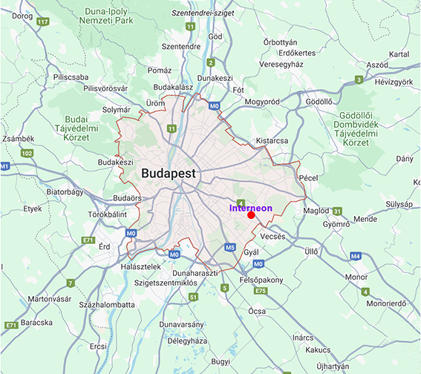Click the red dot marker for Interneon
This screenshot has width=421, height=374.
[252, 215]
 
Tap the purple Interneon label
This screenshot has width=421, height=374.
[250, 208]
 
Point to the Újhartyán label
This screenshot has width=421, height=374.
[330, 366]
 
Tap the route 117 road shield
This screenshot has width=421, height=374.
[43, 22]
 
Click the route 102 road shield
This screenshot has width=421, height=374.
[27, 153]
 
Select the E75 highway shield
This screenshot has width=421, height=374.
[260, 290]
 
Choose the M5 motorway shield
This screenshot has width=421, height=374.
[230, 246]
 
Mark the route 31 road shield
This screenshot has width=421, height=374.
[336, 211]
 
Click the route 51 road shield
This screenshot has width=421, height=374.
[193, 297]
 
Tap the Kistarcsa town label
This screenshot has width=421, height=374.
[271, 139]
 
